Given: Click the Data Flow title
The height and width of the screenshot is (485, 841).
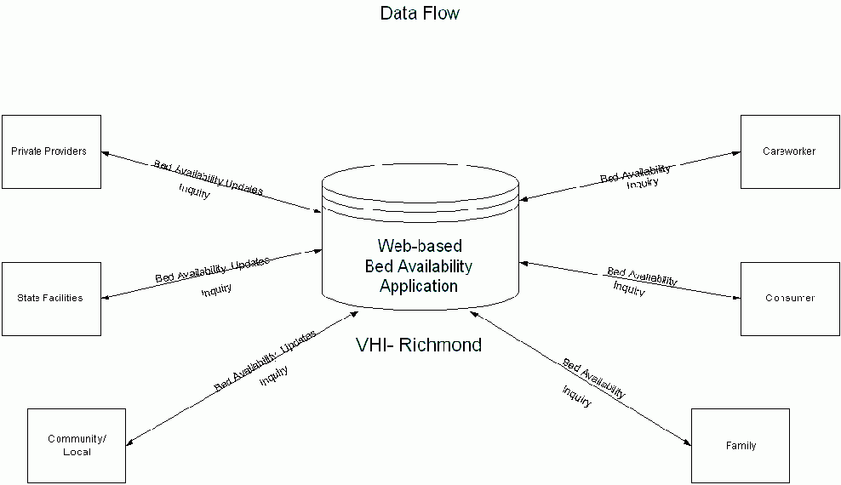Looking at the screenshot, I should click(x=420, y=14).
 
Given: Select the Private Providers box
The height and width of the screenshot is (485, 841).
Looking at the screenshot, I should click(x=51, y=151).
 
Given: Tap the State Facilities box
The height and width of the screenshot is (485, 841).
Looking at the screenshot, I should click(x=51, y=299).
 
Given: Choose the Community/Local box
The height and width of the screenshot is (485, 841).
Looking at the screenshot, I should click(x=77, y=445).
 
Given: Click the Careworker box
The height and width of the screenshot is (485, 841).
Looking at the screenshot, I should click(x=789, y=151).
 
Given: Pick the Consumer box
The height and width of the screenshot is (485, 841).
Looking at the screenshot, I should click(x=789, y=299).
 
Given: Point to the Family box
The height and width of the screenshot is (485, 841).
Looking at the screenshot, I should click(x=741, y=445).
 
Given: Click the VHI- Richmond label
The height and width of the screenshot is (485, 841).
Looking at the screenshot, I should click(x=418, y=345).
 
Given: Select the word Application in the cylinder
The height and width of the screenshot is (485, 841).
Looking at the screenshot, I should click(x=419, y=286).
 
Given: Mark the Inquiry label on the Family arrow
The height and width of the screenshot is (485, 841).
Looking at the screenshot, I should click(x=576, y=397).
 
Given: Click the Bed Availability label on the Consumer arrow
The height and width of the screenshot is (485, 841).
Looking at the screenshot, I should click(x=642, y=276).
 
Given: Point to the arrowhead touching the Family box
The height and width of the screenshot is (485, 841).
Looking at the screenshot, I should click(x=686, y=441).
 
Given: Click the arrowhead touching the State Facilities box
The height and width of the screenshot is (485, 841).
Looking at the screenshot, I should click(x=106, y=298).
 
